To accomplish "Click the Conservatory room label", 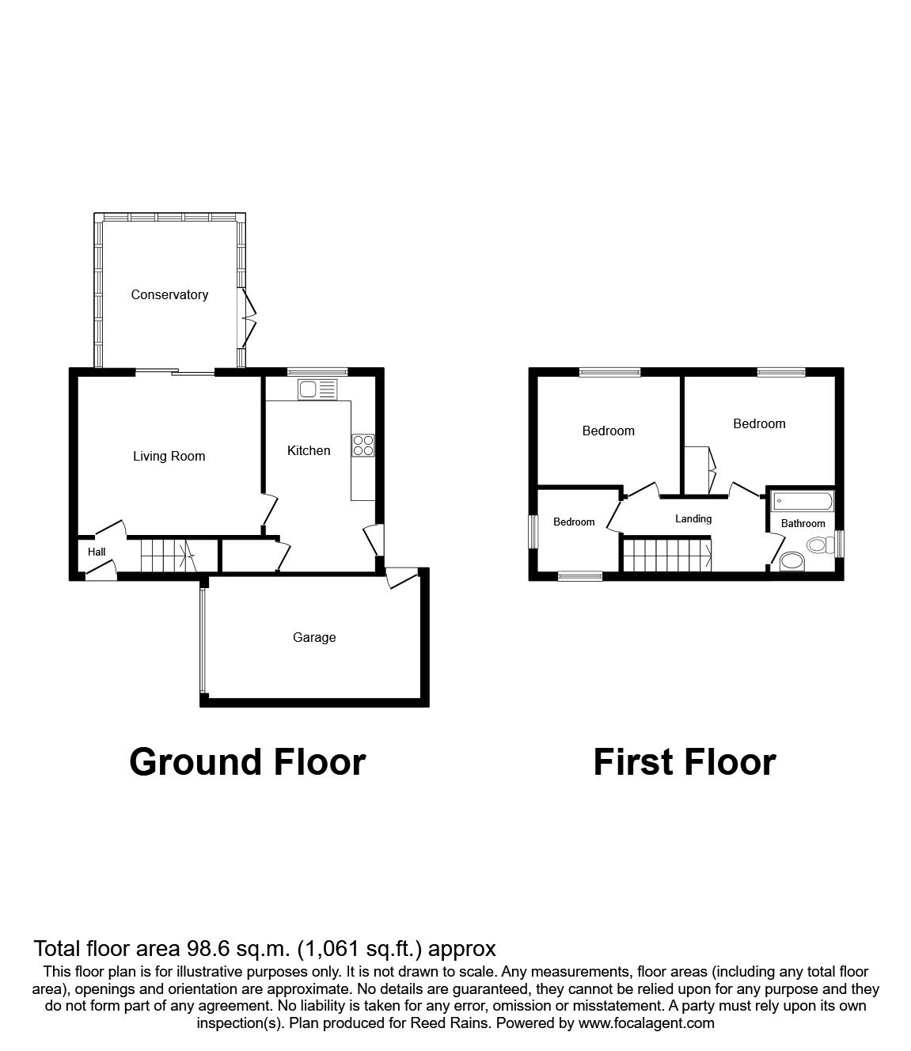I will [169, 295].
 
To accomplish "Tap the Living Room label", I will [169, 457].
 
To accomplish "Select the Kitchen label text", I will [309, 451].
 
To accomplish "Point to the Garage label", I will [314, 638].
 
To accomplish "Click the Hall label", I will [97, 552].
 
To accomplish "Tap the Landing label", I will [693, 519].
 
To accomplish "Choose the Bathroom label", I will [803, 524].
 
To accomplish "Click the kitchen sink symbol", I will [317, 389].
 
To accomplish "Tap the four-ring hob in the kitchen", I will [364, 446].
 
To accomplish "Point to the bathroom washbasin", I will [791, 562].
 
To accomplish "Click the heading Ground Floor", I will [247, 762].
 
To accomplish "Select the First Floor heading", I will [684, 762].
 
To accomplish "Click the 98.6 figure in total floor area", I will [206, 948].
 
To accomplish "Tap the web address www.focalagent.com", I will [647, 1023].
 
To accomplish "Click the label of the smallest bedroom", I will [574, 522].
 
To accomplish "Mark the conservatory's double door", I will [249, 319].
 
